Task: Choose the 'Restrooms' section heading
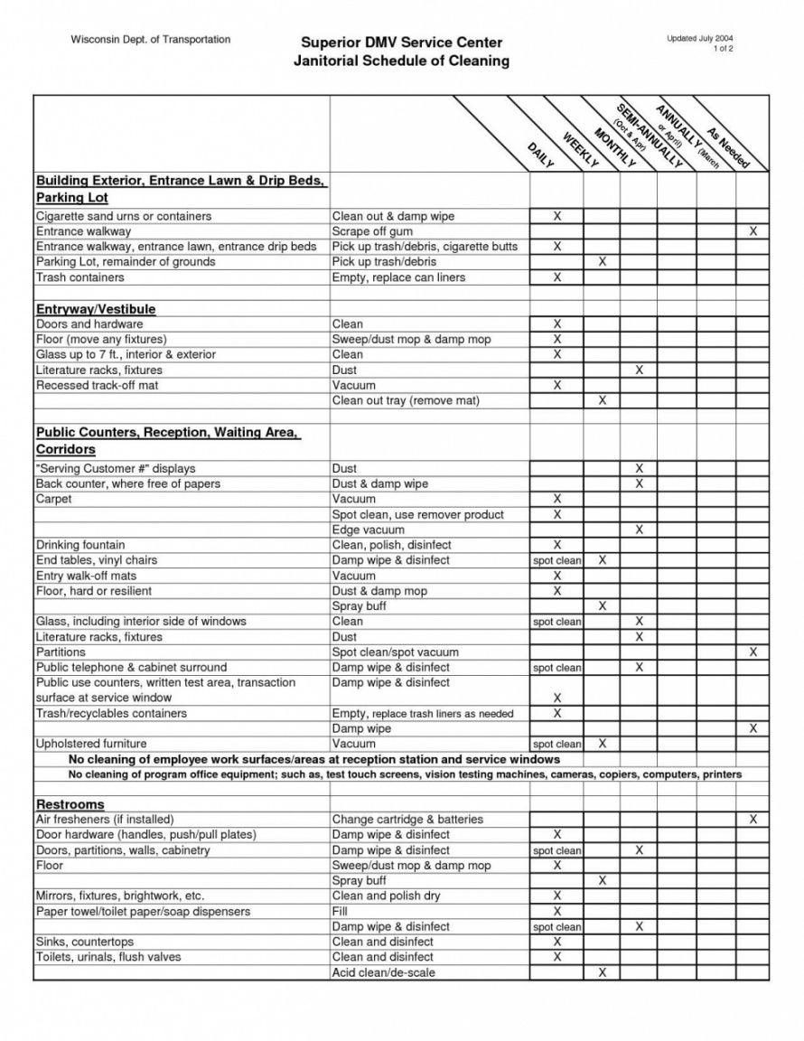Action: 70,804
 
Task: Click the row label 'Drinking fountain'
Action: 80,545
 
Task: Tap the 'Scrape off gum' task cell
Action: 372,232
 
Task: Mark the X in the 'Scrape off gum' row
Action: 753,232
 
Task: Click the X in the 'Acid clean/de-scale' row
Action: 602,972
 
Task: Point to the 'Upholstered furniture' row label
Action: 91,744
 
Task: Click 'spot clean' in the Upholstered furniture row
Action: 556,745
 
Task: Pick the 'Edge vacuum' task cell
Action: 368,530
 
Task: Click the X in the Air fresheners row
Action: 753,820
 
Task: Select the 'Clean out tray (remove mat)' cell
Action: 406,400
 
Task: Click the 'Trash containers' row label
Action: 73,277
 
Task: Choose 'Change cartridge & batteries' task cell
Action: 407,820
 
